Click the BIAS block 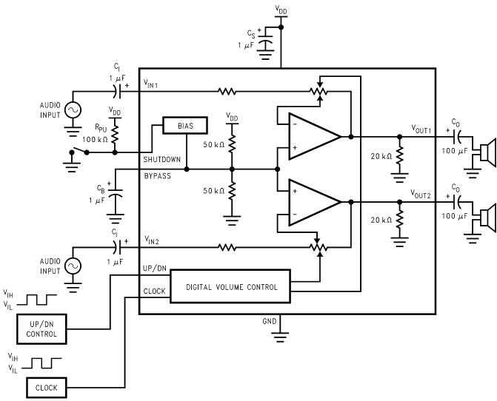(x=185, y=125)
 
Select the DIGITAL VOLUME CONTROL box (x=230, y=286)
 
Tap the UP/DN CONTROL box (x=41, y=328)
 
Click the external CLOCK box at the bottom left (x=47, y=388)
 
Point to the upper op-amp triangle (x=314, y=136)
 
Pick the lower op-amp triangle (x=314, y=202)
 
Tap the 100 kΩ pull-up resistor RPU (x=115, y=134)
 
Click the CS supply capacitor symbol (x=266, y=42)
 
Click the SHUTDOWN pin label (x=161, y=159)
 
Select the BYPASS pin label (x=158, y=176)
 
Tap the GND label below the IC (x=270, y=321)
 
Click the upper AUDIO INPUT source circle (x=73, y=110)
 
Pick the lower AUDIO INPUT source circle (x=73, y=266)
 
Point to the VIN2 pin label (x=152, y=240)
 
